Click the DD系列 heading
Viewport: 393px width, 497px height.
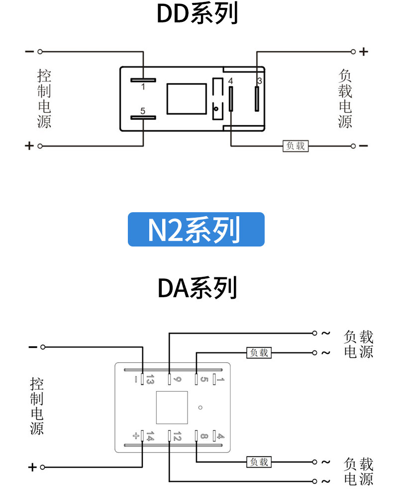[x=197, y=13]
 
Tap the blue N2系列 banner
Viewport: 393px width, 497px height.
[x=196, y=229]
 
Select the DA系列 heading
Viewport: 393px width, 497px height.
[x=197, y=288]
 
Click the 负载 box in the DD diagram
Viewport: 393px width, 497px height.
[x=295, y=146]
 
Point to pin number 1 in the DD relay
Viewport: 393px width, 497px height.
[x=143, y=86]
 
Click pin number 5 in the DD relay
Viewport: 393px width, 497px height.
[x=143, y=111]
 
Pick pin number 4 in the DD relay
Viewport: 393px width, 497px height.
[x=231, y=81]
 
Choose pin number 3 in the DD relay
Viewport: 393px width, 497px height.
[x=260, y=81]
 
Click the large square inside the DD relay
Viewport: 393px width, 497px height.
[x=187, y=98]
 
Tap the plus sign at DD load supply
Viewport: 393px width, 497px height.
[x=364, y=51]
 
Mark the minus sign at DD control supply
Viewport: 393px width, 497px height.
[x=29, y=51]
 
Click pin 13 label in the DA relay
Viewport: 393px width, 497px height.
[x=150, y=379]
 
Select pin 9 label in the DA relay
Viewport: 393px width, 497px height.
[x=177, y=379]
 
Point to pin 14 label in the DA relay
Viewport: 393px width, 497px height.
[x=150, y=436]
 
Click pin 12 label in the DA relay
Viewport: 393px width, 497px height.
[x=177, y=436]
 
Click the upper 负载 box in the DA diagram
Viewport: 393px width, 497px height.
[x=259, y=352]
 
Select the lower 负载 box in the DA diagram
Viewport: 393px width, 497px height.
[x=259, y=462]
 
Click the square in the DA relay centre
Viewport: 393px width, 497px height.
[x=172, y=408]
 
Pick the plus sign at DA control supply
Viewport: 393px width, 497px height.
[x=32, y=467]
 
